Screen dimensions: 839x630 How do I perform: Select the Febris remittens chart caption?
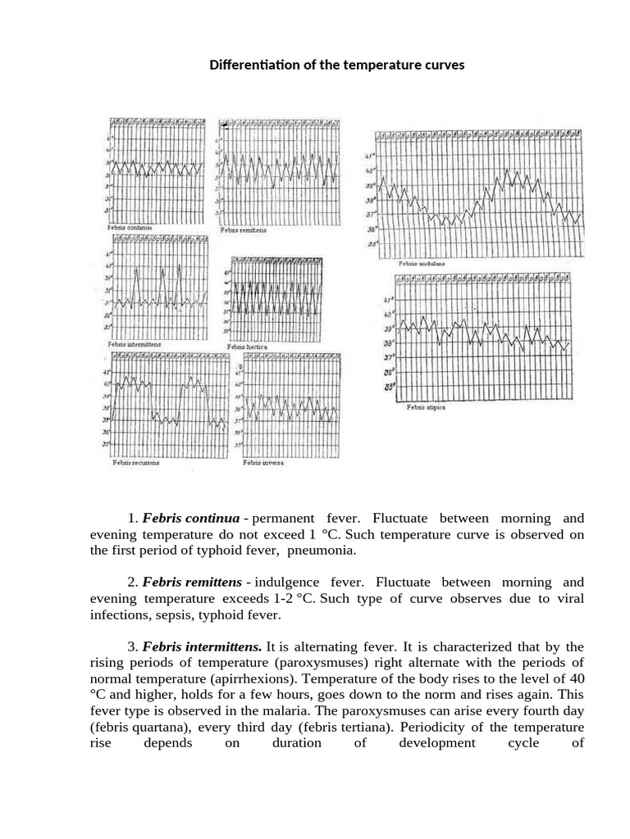click(244, 230)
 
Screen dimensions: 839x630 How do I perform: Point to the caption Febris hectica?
click(248, 347)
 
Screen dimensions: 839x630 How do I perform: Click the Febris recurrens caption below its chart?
click(135, 462)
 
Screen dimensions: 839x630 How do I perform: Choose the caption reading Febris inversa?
click(263, 462)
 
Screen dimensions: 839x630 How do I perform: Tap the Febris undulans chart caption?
click(421, 264)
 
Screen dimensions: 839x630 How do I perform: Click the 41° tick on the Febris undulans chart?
click(370, 156)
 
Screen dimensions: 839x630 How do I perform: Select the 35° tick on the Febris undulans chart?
click(370, 243)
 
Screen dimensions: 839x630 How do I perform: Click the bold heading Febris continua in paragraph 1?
click(191, 519)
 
